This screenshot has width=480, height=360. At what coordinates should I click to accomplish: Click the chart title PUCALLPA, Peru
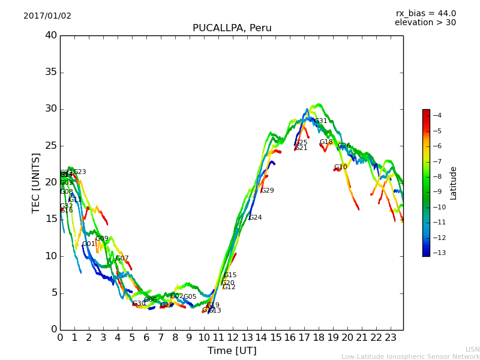(x=232, y=28)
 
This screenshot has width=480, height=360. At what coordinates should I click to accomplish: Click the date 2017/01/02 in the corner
(x=47, y=16)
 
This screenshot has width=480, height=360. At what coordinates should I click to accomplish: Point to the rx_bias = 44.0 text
(x=425, y=13)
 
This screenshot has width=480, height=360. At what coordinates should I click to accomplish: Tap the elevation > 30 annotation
(x=425, y=23)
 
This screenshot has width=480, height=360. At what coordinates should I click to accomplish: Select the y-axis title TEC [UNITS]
(x=36, y=182)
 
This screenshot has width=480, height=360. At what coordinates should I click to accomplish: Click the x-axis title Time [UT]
(x=232, y=350)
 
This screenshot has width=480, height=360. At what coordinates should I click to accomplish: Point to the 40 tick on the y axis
(x=50, y=35)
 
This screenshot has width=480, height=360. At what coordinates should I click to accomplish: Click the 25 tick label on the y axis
(x=50, y=146)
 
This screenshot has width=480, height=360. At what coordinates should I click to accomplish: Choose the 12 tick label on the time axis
(x=232, y=337)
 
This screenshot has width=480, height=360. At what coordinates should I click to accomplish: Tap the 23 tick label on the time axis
(x=390, y=337)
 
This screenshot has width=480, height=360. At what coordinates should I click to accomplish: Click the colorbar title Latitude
(x=454, y=183)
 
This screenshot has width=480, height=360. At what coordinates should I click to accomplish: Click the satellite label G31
(x=321, y=121)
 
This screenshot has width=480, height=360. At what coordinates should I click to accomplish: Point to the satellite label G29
(x=267, y=191)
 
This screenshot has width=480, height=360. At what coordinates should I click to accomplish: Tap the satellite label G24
(x=255, y=218)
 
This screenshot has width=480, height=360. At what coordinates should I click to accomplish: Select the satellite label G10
(x=340, y=167)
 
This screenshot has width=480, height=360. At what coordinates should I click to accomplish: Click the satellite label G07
(x=122, y=259)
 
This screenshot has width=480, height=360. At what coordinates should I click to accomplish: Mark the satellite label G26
(x=344, y=146)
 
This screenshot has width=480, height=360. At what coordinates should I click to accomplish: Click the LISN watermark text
(x=472, y=349)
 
